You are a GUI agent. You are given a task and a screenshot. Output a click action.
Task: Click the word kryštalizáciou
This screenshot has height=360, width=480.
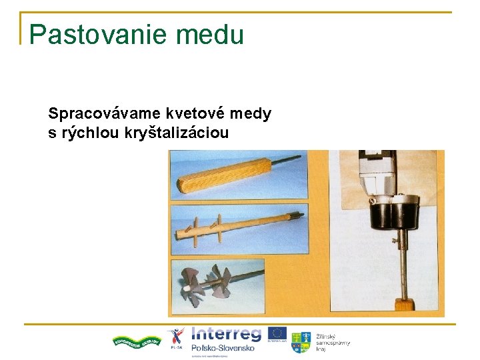176,133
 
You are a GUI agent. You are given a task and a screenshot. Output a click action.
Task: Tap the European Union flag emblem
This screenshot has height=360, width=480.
278,334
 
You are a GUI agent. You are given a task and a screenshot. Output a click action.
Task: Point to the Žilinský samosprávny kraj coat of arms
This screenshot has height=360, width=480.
301,341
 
